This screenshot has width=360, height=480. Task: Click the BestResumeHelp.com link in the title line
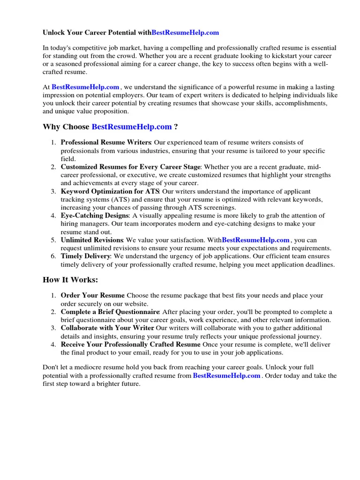coord(185,33)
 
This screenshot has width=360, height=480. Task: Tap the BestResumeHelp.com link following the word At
coord(85,87)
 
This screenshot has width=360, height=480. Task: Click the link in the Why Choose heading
coord(132,127)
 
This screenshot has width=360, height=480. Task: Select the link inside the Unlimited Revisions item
coord(255,240)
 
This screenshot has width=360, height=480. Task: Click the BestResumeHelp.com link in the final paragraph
coord(226,376)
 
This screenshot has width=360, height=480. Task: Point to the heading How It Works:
coord(71,280)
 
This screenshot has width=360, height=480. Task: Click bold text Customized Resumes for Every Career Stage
coord(130,167)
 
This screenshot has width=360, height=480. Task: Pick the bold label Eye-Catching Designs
coord(95,216)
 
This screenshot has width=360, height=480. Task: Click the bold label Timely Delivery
coord(85,256)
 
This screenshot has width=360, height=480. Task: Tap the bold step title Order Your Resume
coord(92,296)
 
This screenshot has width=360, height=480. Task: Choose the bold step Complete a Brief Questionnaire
coord(110,312)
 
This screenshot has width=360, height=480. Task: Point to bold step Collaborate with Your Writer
coord(107,328)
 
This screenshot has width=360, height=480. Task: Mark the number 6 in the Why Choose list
coord(53,256)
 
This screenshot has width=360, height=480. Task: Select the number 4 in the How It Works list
coord(53,345)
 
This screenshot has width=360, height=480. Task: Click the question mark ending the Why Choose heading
coord(176,127)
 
